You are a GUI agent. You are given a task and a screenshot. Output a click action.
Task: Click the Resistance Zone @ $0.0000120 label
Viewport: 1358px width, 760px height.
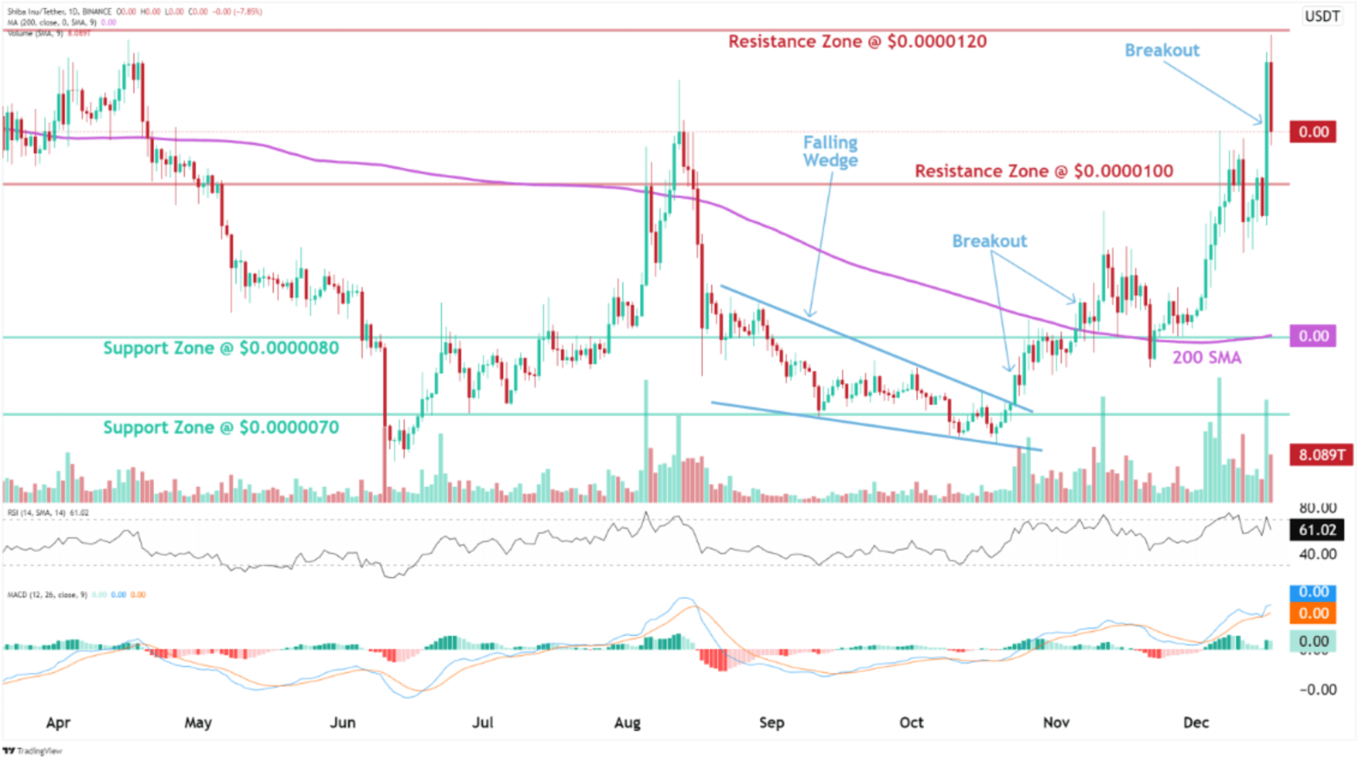pyautogui.click(x=857, y=42)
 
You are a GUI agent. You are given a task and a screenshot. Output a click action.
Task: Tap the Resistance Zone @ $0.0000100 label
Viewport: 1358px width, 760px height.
pyautogui.click(x=1043, y=171)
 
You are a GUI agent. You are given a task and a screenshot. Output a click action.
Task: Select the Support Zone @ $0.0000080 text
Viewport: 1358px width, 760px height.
pyautogui.click(x=221, y=348)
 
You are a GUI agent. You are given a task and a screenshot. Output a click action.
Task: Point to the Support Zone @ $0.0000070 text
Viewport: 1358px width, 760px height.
pyautogui.click(x=221, y=428)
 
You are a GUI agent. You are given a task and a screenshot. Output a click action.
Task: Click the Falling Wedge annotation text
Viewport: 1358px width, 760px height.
pyautogui.click(x=830, y=151)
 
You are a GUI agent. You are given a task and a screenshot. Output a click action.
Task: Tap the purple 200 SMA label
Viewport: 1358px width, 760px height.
pyautogui.click(x=1206, y=358)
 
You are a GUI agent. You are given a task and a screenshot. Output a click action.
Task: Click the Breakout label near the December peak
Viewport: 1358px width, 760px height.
pyautogui.click(x=1161, y=50)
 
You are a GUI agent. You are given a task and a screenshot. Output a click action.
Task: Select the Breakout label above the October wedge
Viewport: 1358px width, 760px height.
pyautogui.click(x=989, y=241)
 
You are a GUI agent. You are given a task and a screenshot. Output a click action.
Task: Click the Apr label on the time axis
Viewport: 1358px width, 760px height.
pyautogui.click(x=58, y=722)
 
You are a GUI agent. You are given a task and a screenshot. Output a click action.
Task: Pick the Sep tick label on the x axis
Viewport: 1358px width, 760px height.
pyautogui.click(x=771, y=722)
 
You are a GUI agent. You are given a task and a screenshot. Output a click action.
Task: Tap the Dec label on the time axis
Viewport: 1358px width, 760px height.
pyautogui.click(x=1195, y=722)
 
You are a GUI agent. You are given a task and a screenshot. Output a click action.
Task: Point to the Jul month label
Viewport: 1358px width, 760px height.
pyautogui.click(x=482, y=722)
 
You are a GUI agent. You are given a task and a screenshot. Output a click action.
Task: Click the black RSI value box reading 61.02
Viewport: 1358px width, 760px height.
pyautogui.click(x=1317, y=530)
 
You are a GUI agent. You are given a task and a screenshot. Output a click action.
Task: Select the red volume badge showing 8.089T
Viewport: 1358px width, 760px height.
pyautogui.click(x=1320, y=455)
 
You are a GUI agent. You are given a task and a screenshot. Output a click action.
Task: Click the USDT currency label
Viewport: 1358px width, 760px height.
pyautogui.click(x=1322, y=16)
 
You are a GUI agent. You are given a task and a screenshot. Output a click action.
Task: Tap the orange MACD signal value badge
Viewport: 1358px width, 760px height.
pyautogui.click(x=1313, y=614)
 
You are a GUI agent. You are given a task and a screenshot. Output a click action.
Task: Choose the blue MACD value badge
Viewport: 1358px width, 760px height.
pyautogui.click(x=1313, y=592)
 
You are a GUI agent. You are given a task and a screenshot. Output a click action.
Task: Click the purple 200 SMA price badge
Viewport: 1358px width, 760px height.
pyautogui.click(x=1313, y=336)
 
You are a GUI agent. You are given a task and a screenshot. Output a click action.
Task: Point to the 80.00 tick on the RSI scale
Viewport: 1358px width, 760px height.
pyautogui.click(x=1317, y=508)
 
